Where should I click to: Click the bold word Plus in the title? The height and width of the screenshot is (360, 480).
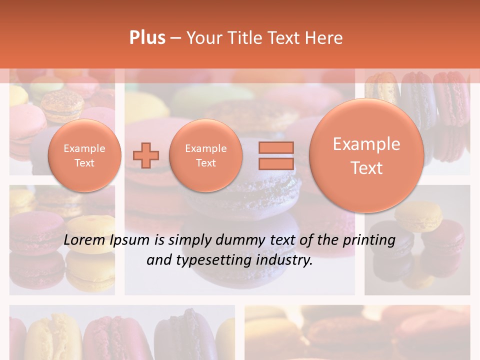[x=147, y=38]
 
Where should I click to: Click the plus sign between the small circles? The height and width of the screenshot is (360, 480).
[x=145, y=155]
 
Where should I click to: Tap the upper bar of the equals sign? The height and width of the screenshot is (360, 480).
[x=275, y=147]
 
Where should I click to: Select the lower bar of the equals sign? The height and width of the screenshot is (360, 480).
[x=275, y=164]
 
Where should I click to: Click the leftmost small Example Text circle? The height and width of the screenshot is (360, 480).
[x=84, y=155]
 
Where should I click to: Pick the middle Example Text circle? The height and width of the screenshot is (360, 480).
[x=205, y=155]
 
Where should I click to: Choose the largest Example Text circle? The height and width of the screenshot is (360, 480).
[x=366, y=155]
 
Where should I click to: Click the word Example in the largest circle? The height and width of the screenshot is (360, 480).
[x=366, y=144]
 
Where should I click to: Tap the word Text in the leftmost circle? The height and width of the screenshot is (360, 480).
[x=84, y=163]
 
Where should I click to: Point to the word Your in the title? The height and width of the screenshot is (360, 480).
[x=204, y=38]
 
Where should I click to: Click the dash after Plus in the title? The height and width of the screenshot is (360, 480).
[x=175, y=38]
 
